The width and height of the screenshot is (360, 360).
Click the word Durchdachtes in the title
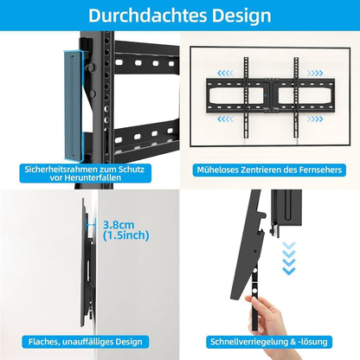pos(143,16)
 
